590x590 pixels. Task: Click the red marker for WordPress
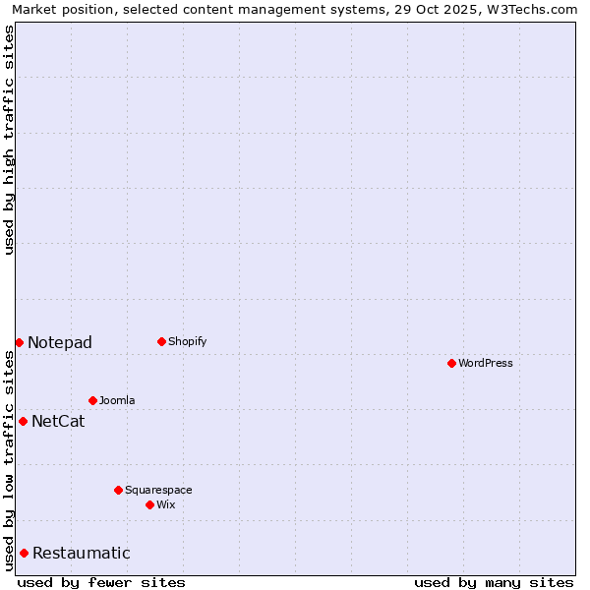pos(451,364)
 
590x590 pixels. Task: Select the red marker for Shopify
pos(161,342)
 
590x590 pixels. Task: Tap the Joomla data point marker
pos(92,400)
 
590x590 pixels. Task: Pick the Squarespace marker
pos(118,490)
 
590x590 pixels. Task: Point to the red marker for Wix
pos(149,504)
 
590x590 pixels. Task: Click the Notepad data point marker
pos(19,342)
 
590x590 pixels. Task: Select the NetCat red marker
pos(23,421)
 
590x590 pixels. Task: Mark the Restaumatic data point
pos(24,553)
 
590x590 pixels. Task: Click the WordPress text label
pos(486,364)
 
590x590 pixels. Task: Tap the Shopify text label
pos(188,342)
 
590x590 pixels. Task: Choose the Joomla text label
pos(117,400)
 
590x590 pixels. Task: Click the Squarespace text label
pos(158,490)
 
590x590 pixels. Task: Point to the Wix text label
pos(166,504)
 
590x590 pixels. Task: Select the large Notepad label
pos(60,343)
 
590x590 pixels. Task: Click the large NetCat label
pos(58,422)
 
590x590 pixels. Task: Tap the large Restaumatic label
pos(81,554)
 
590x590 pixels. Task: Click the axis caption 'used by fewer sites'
pos(101,582)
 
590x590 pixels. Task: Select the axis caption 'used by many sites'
pos(494,582)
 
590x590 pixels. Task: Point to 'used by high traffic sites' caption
pos(10,139)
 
